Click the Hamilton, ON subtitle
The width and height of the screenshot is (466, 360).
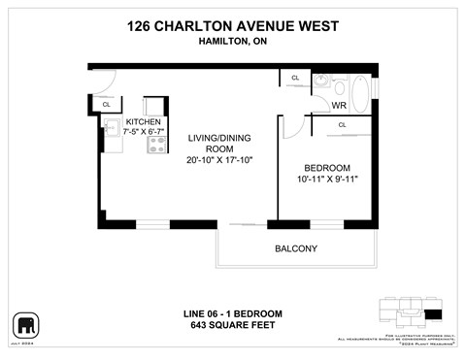pos(233,42)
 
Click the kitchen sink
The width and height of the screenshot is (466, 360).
pos(112,135)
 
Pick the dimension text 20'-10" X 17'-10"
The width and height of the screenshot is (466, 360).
pos(220,160)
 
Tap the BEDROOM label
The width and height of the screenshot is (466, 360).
pos(321,166)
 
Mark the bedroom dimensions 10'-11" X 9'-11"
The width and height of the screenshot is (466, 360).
pos(321,179)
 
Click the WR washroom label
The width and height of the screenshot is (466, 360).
pos(339,105)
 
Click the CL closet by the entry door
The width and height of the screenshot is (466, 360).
pos(106,104)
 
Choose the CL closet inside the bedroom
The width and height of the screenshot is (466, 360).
pos(342,124)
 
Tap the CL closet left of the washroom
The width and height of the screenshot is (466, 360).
pos(294,79)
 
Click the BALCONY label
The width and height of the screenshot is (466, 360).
pos(296,248)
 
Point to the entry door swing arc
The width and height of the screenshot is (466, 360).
pos(106,83)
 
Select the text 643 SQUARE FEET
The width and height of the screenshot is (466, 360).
pos(233,327)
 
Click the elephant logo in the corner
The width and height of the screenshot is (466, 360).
pos(24,323)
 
